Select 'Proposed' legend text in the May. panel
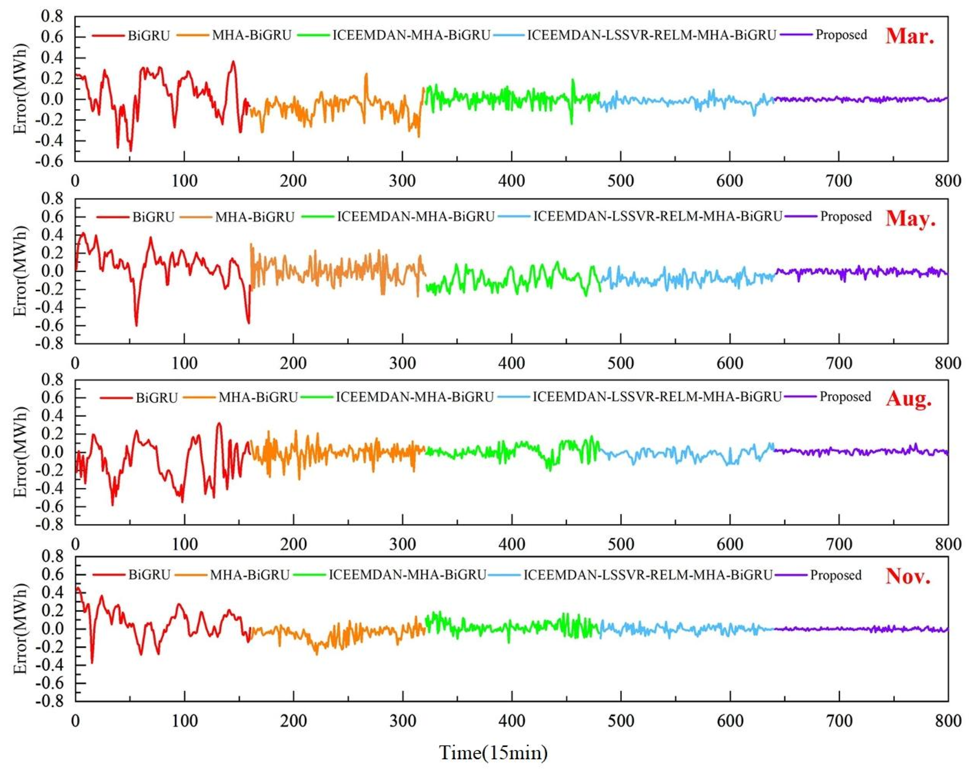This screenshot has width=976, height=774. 846,217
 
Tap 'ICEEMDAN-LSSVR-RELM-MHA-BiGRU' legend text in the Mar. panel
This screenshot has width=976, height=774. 652,35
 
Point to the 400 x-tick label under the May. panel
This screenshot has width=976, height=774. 511,363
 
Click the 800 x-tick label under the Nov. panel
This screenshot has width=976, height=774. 948,721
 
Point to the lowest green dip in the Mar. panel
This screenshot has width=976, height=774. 572,124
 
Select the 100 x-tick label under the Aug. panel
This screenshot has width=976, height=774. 185,544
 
